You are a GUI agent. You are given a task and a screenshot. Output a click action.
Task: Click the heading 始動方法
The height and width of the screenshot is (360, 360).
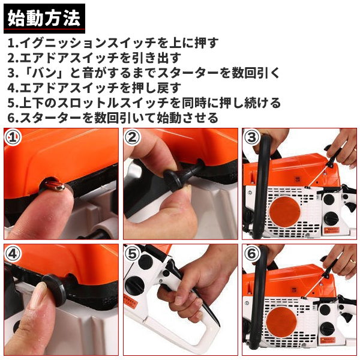pyautogui.click(x=44, y=18)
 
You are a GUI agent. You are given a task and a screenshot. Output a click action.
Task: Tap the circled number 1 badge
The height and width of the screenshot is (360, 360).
pyautogui.click(x=13, y=137)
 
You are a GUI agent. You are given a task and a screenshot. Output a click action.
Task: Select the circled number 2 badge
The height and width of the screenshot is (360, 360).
pyautogui.click(x=132, y=137)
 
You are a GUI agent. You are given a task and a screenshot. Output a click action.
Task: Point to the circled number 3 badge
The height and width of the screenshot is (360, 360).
pyautogui.click(x=251, y=137)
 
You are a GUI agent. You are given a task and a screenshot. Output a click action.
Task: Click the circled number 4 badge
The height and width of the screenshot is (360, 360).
pyautogui.click(x=13, y=253)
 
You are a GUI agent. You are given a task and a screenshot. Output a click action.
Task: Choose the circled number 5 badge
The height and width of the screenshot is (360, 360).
pyautogui.click(x=132, y=253)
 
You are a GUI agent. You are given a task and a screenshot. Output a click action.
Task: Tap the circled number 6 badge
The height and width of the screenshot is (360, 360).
pyautogui.click(x=251, y=253)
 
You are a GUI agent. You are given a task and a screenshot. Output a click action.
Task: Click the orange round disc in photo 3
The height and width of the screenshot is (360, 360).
pyautogui.click(x=284, y=211)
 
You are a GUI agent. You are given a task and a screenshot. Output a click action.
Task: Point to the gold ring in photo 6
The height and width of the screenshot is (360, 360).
pyautogui.click(x=351, y=261)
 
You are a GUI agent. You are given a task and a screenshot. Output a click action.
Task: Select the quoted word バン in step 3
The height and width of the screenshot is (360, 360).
pyautogui.click(x=44, y=73)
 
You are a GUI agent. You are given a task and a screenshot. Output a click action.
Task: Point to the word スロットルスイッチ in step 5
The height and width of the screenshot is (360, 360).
pyautogui.click(x=112, y=103)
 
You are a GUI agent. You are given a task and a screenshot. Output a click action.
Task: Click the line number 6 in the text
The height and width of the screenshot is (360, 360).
pyautogui.click(x=11, y=118)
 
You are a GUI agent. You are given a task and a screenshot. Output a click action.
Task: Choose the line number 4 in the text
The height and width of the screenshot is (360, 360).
pyautogui.click(x=11, y=88)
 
